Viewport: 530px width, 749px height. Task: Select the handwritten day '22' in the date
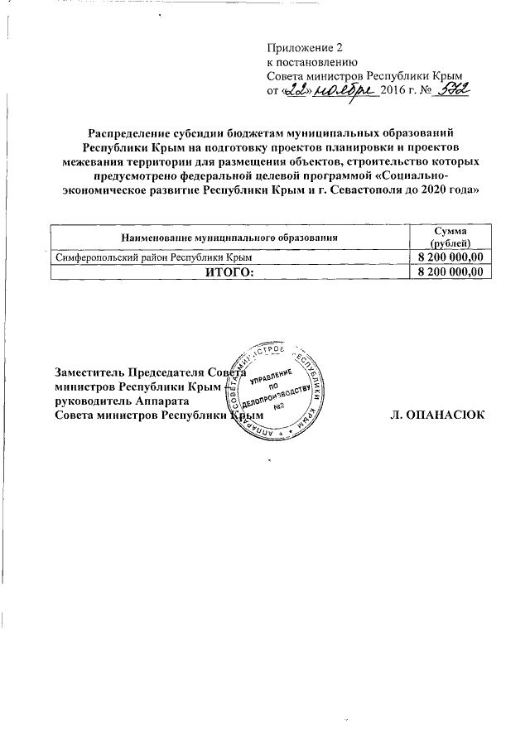[295, 90]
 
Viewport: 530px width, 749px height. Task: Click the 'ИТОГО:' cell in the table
[231, 272]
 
